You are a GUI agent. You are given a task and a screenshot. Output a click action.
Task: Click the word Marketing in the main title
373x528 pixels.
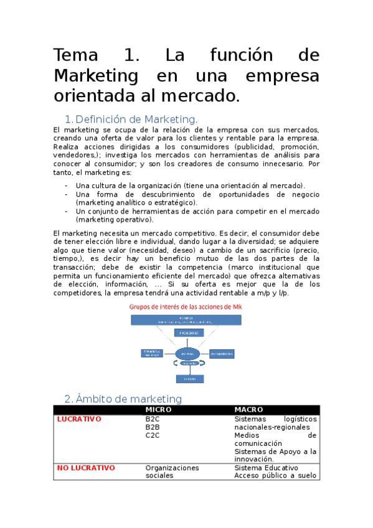coord(96,76)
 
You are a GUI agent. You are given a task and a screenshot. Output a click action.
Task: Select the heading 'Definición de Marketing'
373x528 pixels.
coord(136,119)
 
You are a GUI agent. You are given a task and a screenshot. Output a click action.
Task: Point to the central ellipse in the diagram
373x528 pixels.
coord(186,354)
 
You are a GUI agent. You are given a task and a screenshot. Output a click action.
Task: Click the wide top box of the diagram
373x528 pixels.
coord(187,319)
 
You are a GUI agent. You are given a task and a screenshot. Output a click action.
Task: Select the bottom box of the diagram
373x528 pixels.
coord(186,377)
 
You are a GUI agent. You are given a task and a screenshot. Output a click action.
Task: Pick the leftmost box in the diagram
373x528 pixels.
coord(152,354)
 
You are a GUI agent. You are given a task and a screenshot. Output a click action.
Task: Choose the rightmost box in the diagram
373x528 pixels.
coord(222,354)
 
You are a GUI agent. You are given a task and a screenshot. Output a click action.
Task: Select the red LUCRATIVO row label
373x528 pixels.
coord(79,419)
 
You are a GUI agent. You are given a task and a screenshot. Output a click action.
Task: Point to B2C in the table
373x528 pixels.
coord(153,419)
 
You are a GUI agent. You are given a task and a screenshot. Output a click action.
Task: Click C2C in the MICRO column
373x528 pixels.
coord(153,435)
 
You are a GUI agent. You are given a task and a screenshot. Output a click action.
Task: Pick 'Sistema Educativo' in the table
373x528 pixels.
coord(266,468)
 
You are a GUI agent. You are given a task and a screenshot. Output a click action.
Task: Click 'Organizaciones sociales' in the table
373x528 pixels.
coord(172,471)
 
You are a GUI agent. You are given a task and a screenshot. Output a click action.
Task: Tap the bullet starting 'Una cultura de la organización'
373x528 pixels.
coord(190,186)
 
